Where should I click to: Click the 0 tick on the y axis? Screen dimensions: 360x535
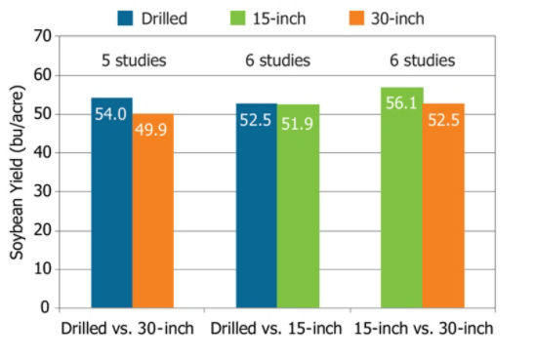[44, 307]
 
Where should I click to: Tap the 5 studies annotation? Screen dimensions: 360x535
[134, 60]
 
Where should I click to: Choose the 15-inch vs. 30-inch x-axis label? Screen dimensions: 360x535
[423, 328]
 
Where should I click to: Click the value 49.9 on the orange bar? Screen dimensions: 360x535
[152, 130]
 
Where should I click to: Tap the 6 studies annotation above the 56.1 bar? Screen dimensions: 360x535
[422, 60]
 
